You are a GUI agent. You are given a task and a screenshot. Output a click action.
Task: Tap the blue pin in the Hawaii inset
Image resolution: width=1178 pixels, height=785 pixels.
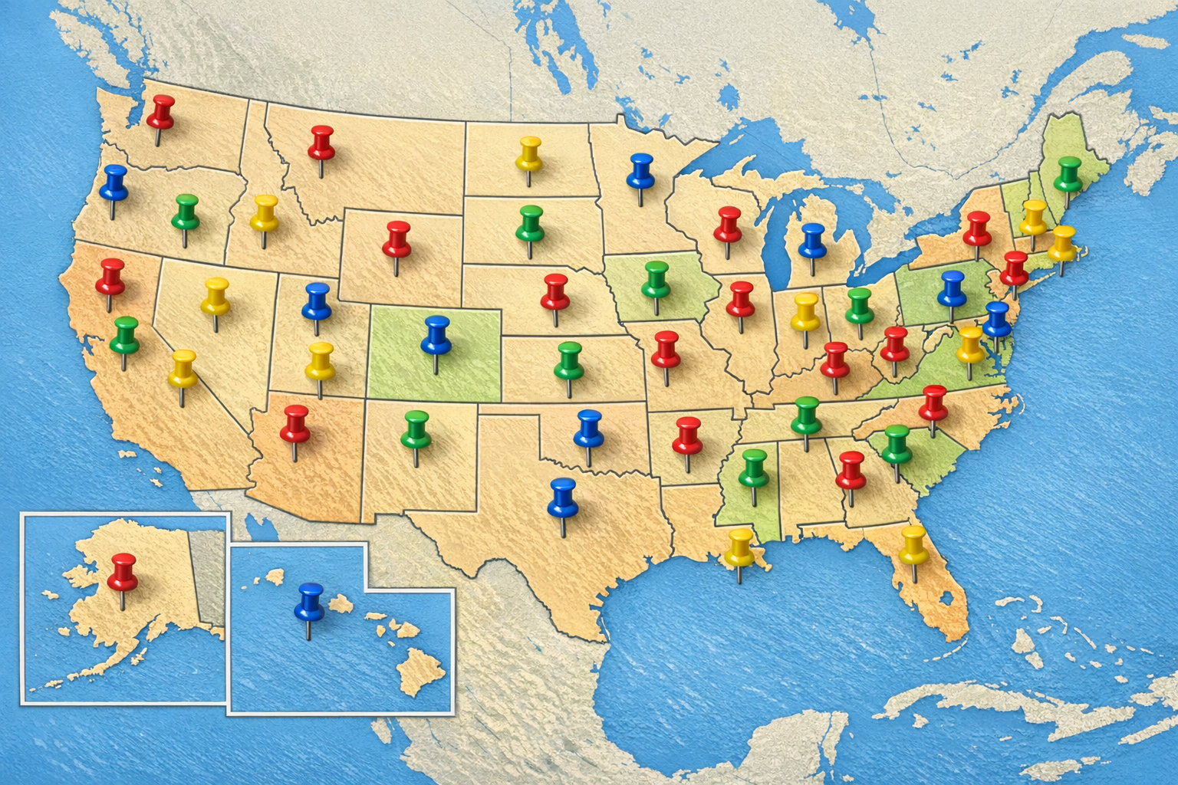point(309,600)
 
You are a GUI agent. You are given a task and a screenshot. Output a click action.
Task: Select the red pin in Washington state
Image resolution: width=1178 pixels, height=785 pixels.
point(161,112)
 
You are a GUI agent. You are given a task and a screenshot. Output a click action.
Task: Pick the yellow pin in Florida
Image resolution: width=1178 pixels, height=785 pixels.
point(913,543)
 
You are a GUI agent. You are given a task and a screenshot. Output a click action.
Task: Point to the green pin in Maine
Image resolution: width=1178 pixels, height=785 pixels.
point(1068,174)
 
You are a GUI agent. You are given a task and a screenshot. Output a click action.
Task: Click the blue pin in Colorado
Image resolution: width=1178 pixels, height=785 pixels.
point(436,333)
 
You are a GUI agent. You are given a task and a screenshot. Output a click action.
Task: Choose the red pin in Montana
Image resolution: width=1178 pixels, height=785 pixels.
point(321,143)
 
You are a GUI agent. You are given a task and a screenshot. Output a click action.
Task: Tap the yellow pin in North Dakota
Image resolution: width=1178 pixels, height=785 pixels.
point(529,153)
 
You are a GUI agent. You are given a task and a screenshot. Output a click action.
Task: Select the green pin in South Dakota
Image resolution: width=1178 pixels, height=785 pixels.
point(530,222)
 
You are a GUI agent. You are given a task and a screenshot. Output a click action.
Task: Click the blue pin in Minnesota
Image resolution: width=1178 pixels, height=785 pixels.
point(640,170)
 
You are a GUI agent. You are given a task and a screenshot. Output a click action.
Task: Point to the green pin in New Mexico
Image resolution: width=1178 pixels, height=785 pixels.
point(415,428)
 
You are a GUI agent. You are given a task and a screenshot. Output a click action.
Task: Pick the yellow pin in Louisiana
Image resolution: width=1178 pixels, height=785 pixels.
point(740,546)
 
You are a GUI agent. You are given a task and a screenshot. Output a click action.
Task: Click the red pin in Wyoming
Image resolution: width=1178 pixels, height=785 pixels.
point(397,238)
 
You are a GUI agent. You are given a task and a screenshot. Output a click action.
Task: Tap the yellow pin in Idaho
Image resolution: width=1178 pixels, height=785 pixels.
point(264,212)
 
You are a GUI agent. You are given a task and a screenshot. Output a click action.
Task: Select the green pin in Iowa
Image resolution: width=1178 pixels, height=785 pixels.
point(656,278)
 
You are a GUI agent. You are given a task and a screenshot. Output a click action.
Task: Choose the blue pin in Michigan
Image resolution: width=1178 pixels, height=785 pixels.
point(812,240)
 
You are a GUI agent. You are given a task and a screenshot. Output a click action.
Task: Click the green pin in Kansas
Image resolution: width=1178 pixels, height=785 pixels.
point(568,360)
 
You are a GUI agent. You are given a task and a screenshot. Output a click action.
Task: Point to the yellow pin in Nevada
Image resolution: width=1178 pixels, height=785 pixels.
point(216,295)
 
